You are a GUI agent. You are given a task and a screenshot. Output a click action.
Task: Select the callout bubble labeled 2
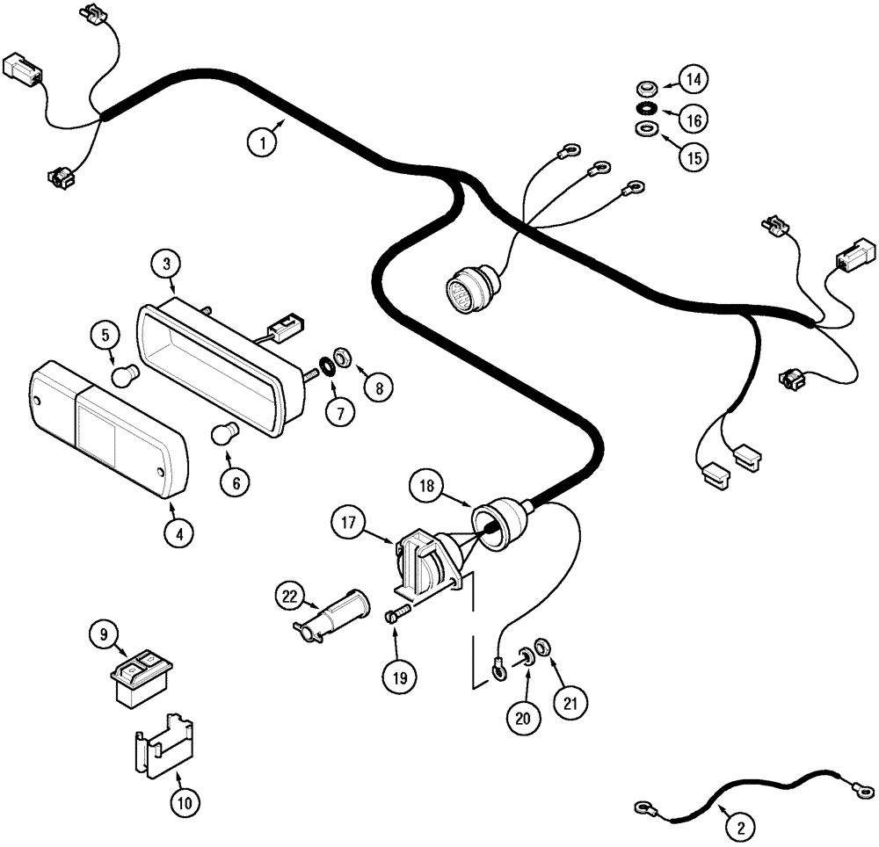(x=740, y=826)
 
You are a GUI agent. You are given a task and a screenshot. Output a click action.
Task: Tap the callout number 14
(x=694, y=80)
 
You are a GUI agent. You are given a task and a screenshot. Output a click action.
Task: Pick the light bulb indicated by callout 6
(x=226, y=435)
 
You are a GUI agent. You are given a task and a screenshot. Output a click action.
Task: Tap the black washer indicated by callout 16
(x=647, y=108)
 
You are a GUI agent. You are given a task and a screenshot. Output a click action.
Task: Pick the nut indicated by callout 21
(x=543, y=648)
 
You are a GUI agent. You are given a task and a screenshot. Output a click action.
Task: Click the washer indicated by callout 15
(x=647, y=129)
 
